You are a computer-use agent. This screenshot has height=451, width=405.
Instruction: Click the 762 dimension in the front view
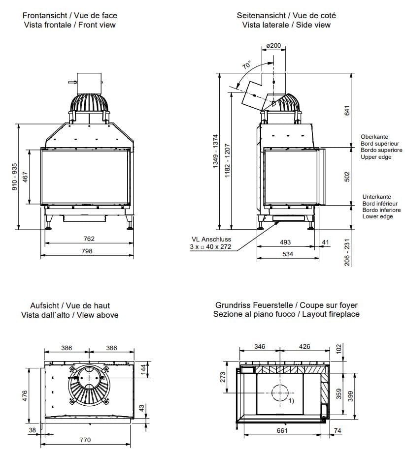point(88,239)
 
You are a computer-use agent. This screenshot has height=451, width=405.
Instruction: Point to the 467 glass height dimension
point(26,178)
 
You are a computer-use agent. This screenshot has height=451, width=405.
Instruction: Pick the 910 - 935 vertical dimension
point(15,177)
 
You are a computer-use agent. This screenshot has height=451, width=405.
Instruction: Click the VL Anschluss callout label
point(211,240)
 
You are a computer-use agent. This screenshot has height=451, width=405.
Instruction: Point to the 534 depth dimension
point(285,254)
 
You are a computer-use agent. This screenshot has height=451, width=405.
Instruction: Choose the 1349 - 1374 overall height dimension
point(215,152)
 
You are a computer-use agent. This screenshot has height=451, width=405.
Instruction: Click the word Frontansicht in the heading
point(43,16)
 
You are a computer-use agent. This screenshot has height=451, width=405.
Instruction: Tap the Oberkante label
point(374,137)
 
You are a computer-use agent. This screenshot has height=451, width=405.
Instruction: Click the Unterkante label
point(376,196)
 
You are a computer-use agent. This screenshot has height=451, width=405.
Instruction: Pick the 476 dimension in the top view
point(26,395)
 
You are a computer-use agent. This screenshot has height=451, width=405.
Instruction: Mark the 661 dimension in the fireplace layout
point(282,431)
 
